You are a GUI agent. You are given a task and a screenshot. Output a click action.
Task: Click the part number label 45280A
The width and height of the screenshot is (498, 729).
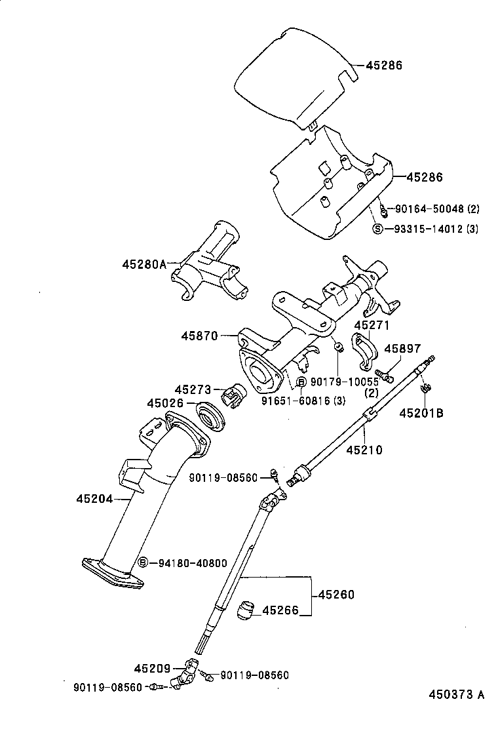[145, 265]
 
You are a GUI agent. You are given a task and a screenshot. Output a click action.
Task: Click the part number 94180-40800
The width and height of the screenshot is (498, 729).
[189, 562]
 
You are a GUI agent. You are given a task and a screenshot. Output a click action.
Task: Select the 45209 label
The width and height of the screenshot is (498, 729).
[152, 669]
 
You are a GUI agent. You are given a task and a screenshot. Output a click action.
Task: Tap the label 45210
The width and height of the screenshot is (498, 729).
[364, 450]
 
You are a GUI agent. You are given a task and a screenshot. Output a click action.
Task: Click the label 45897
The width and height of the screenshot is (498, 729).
[402, 349]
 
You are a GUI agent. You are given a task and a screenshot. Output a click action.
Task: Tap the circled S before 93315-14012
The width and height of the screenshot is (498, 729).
[377, 229]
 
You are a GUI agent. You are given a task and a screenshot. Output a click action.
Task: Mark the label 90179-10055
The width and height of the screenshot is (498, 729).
[344, 382]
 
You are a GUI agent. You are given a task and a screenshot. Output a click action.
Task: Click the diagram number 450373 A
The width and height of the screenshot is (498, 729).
[457, 695]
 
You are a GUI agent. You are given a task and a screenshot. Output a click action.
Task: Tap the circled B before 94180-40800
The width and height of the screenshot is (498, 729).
[144, 562]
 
